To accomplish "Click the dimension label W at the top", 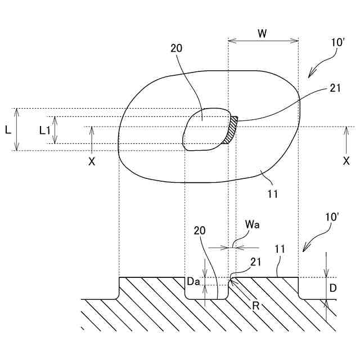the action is (263, 33).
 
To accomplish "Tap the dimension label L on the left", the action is (8, 129).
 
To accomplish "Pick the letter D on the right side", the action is (333, 288).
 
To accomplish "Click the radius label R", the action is (255, 307).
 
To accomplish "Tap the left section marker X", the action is (92, 161).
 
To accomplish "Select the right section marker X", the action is (346, 160).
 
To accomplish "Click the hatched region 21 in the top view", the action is (231, 130).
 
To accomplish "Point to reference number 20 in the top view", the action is (176, 48).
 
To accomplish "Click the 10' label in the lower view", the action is (332, 217).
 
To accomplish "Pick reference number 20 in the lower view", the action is (200, 230).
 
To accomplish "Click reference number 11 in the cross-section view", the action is (280, 248).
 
